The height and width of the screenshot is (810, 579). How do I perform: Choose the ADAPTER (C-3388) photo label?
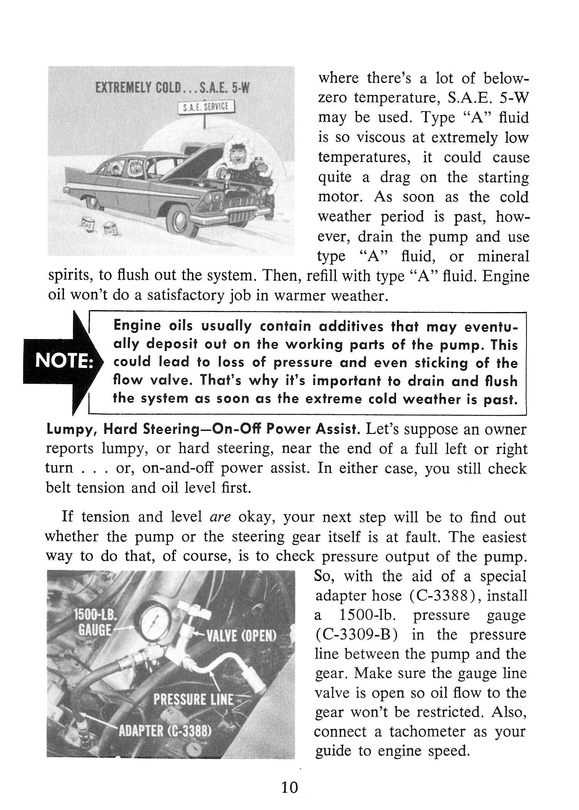[x=164, y=732]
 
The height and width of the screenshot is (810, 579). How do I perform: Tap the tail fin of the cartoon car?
[x=77, y=174]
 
